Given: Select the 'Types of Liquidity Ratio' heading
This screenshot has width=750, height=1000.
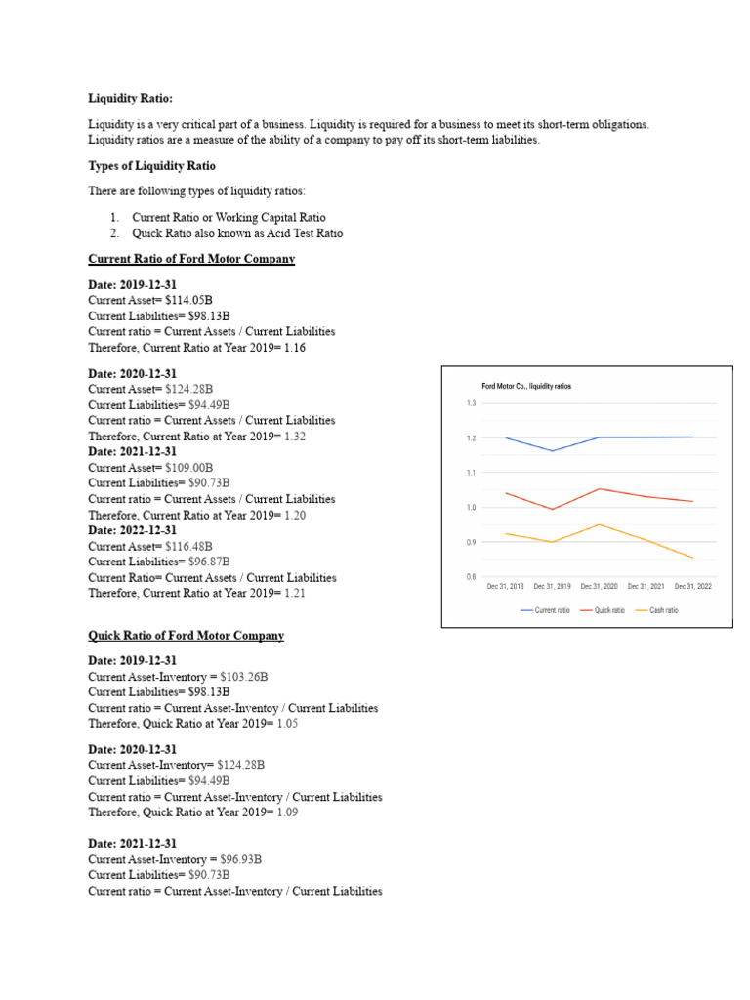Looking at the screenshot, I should [x=151, y=165].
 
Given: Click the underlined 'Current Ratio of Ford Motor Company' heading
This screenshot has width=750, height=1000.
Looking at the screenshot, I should [x=191, y=259].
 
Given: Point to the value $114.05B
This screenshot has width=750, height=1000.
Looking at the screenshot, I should [x=188, y=300].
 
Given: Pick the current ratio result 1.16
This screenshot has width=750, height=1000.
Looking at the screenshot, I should [x=294, y=347].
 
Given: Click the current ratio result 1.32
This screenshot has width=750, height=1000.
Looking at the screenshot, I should [x=294, y=437].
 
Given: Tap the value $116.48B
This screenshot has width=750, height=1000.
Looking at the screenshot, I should [x=188, y=547].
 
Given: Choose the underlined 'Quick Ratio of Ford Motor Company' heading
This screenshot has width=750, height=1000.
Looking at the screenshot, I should [x=186, y=636].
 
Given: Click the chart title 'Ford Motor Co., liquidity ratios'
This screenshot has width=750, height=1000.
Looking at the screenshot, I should [x=526, y=386].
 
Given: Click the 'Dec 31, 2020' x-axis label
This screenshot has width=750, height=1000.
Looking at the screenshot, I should [x=600, y=587].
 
